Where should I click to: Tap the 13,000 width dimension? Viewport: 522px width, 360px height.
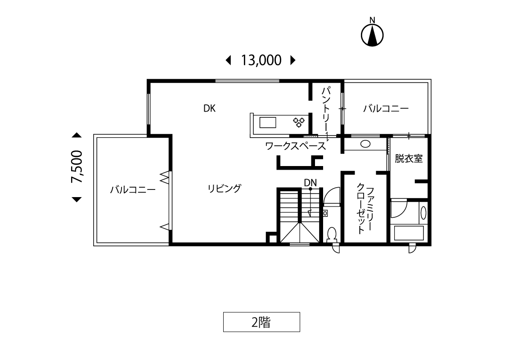261,60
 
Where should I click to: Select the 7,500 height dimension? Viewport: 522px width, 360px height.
76,166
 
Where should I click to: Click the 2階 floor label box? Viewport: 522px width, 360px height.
261,322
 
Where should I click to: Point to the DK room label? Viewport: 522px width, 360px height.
209,108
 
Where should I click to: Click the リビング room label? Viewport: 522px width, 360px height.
224,189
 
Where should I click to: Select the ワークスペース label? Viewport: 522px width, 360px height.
295,146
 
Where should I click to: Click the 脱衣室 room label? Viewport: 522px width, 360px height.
409,158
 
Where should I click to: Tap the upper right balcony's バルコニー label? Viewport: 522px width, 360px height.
386,108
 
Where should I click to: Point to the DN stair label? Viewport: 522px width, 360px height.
310,183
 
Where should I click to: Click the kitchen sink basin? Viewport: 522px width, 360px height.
268,122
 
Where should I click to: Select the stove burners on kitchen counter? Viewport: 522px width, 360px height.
299,122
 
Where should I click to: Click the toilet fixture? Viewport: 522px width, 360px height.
332,234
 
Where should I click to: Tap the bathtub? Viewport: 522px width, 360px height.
409,233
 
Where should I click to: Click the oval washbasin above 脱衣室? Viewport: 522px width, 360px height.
365,144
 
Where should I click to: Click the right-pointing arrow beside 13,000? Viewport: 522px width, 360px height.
293,60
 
